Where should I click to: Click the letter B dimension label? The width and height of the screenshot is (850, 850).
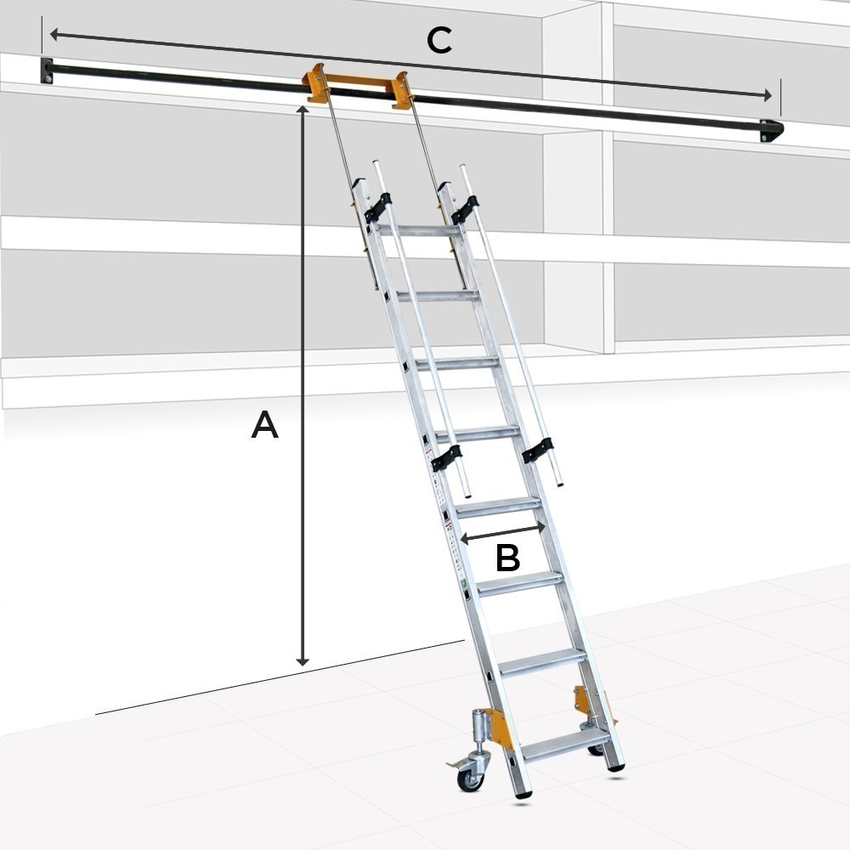pyautogui.click(x=508, y=558)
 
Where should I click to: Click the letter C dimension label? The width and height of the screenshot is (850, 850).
pyautogui.click(x=439, y=40)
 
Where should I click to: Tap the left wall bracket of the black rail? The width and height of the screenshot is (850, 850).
pyautogui.click(x=47, y=71)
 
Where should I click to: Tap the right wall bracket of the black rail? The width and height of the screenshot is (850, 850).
pyautogui.click(x=772, y=131)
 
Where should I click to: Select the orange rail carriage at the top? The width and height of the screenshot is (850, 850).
pyautogui.click(x=358, y=86)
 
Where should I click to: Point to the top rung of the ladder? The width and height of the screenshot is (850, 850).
pyautogui.click(x=420, y=230)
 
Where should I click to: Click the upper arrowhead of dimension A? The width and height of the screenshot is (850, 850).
pyautogui.click(x=303, y=109)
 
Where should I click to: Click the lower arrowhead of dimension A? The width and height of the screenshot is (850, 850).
pyautogui.click(x=303, y=662)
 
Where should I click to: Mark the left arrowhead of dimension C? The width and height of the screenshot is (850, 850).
pyautogui.click(x=54, y=35)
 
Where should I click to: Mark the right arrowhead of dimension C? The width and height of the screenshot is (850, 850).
pyautogui.click(x=768, y=95)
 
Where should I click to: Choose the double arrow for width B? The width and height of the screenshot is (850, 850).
pyautogui.click(x=502, y=532)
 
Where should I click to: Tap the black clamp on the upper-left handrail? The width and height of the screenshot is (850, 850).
pyautogui.click(x=377, y=207)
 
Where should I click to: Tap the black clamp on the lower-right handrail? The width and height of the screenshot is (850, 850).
pyautogui.click(x=538, y=450)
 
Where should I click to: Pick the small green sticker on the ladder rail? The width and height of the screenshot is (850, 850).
pyautogui.click(x=464, y=583)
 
